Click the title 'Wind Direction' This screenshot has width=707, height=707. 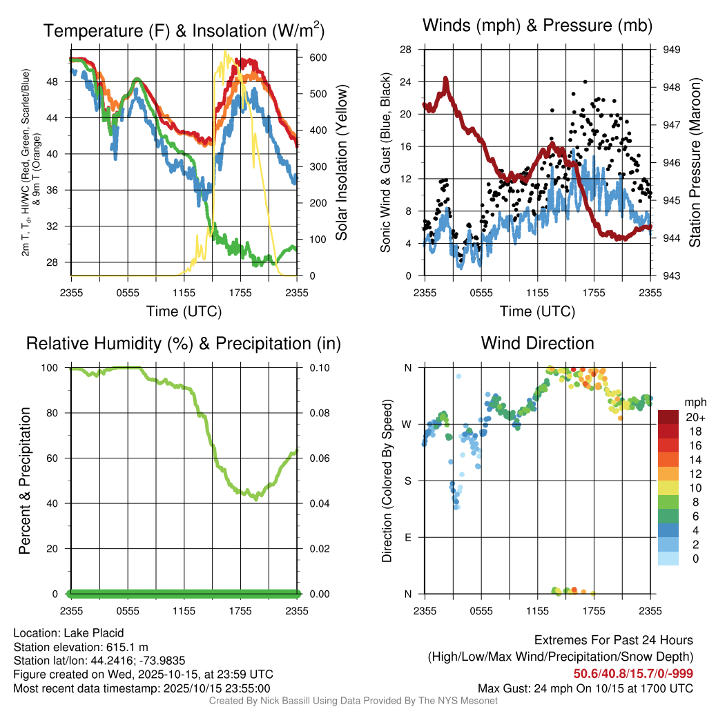pyautogui.click(x=537, y=343)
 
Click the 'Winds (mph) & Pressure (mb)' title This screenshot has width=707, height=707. pyautogui.click(x=537, y=26)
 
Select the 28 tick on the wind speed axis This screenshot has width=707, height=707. pyautogui.click(x=406, y=50)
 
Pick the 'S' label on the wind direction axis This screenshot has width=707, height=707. pyautogui.click(x=407, y=481)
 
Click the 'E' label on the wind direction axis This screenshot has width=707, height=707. pyautogui.click(x=407, y=537)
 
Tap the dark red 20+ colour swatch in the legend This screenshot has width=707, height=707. pyautogui.click(x=668, y=416)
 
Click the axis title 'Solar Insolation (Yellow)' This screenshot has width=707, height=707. pyautogui.click(x=341, y=163)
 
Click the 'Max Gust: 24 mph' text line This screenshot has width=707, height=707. pyautogui.click(x=585, y=688)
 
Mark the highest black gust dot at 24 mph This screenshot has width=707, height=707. pyautogui.click(x=585, y=81)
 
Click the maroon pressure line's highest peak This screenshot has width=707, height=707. pyautogui.click(x=445, y=79)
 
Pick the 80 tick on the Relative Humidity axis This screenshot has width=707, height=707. pyautogui.click(x=61, y=413)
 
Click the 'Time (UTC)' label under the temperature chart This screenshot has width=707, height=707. pyautogui.click(x=184, y=311)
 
